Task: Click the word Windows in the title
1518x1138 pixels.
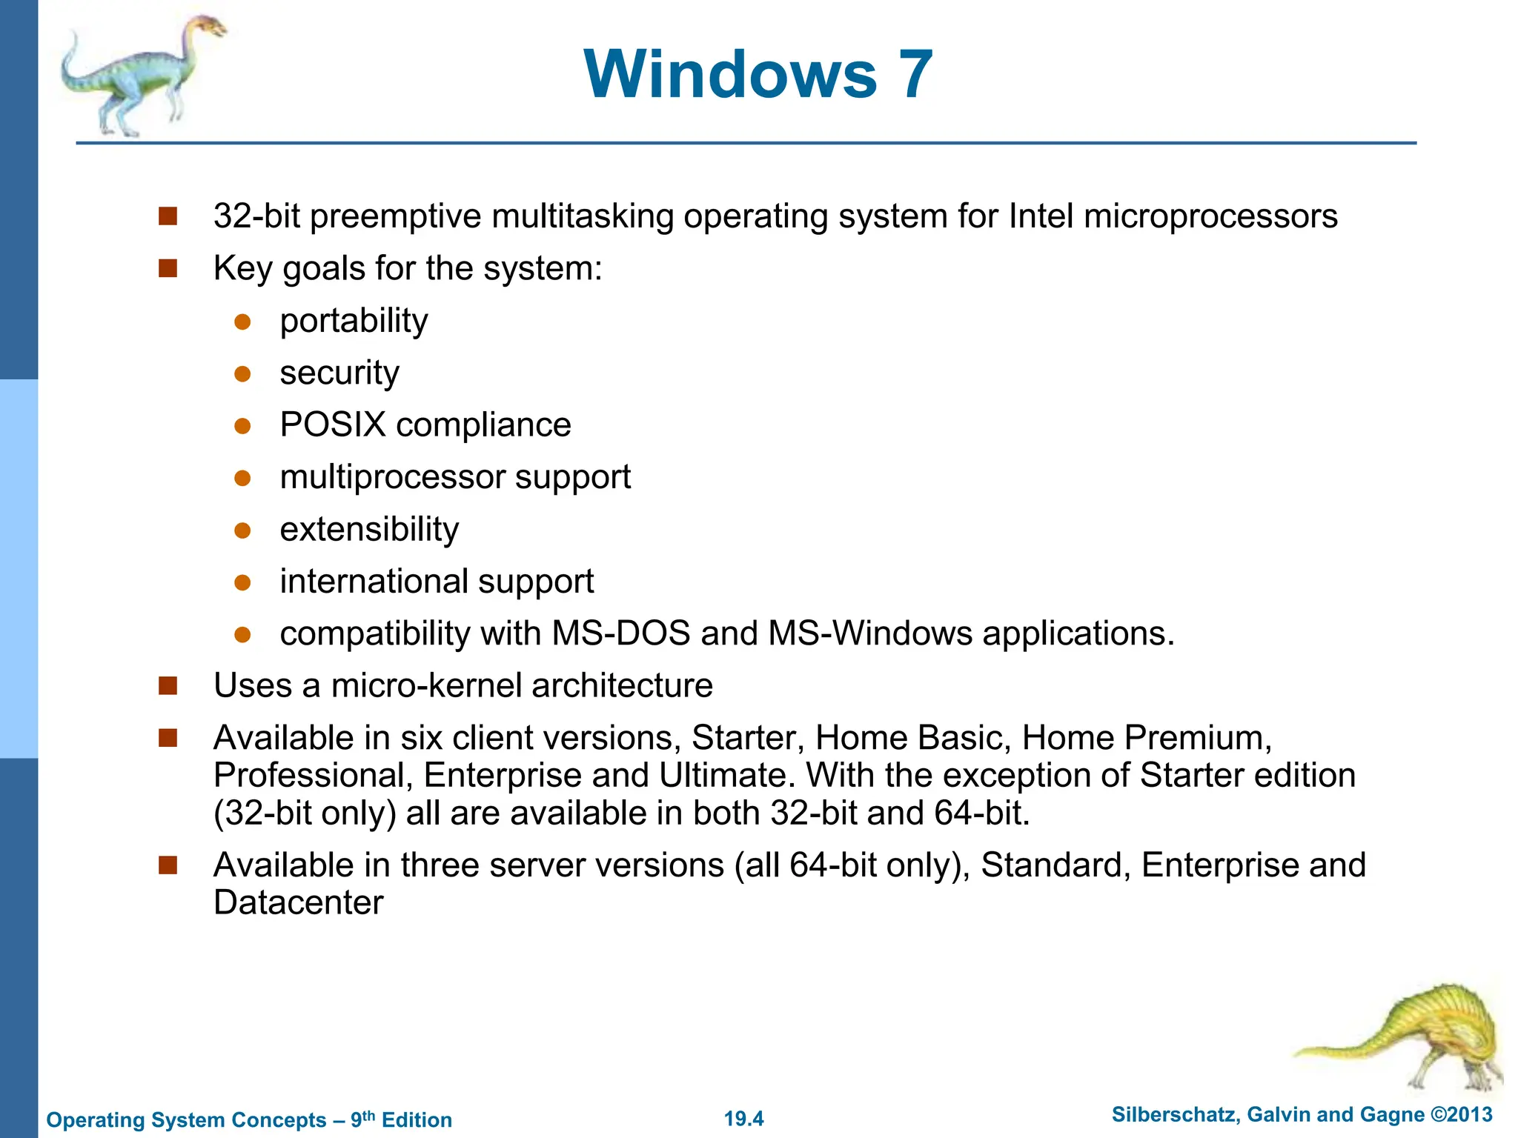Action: (x=730, y=74)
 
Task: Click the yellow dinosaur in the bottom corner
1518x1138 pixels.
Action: (x=1408, y=1037)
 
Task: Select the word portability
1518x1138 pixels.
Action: (x=354, y=322)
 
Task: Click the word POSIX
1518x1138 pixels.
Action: (x=333, y=425)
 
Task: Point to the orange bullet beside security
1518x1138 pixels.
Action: (x=242, y=374)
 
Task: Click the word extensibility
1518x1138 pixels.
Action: (x=369, y=530)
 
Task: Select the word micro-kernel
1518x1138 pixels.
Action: (x=426, y=686)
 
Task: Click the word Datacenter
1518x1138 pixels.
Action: (x=298, y=903)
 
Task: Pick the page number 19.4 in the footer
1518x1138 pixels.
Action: (x=743, y=1119)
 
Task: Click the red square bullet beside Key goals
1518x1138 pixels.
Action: (x=168, y=268)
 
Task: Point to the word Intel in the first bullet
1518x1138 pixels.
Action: (x=1041, y=216)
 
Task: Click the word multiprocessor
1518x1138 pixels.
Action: (x=392, y=478)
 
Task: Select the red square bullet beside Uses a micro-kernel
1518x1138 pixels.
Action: (x=168, y=686)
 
